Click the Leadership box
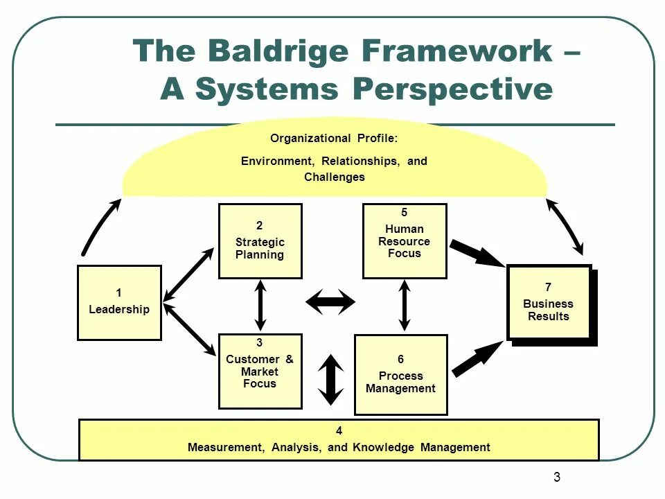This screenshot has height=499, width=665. (119, 303)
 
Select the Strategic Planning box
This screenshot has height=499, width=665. (260, 241)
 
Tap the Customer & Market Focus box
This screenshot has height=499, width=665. (260, 371)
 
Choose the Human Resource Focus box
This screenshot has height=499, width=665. (405, 241)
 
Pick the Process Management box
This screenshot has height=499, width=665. (400, 375)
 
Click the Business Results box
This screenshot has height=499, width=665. (549, 302)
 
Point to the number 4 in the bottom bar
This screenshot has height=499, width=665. (339, 431)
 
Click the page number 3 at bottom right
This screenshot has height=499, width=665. (557, 477)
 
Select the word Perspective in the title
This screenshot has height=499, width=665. (453, 89)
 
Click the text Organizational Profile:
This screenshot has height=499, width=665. (334, 138)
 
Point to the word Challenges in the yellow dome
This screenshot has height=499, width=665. (334, 177)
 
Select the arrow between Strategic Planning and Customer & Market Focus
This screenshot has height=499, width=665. (260, 305)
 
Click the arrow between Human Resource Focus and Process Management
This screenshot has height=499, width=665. (405, 305)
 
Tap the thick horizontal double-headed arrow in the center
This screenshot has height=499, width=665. (330, 301)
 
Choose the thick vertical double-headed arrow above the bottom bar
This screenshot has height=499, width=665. (331, 380)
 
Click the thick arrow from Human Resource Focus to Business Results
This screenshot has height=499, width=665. (477, 254)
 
